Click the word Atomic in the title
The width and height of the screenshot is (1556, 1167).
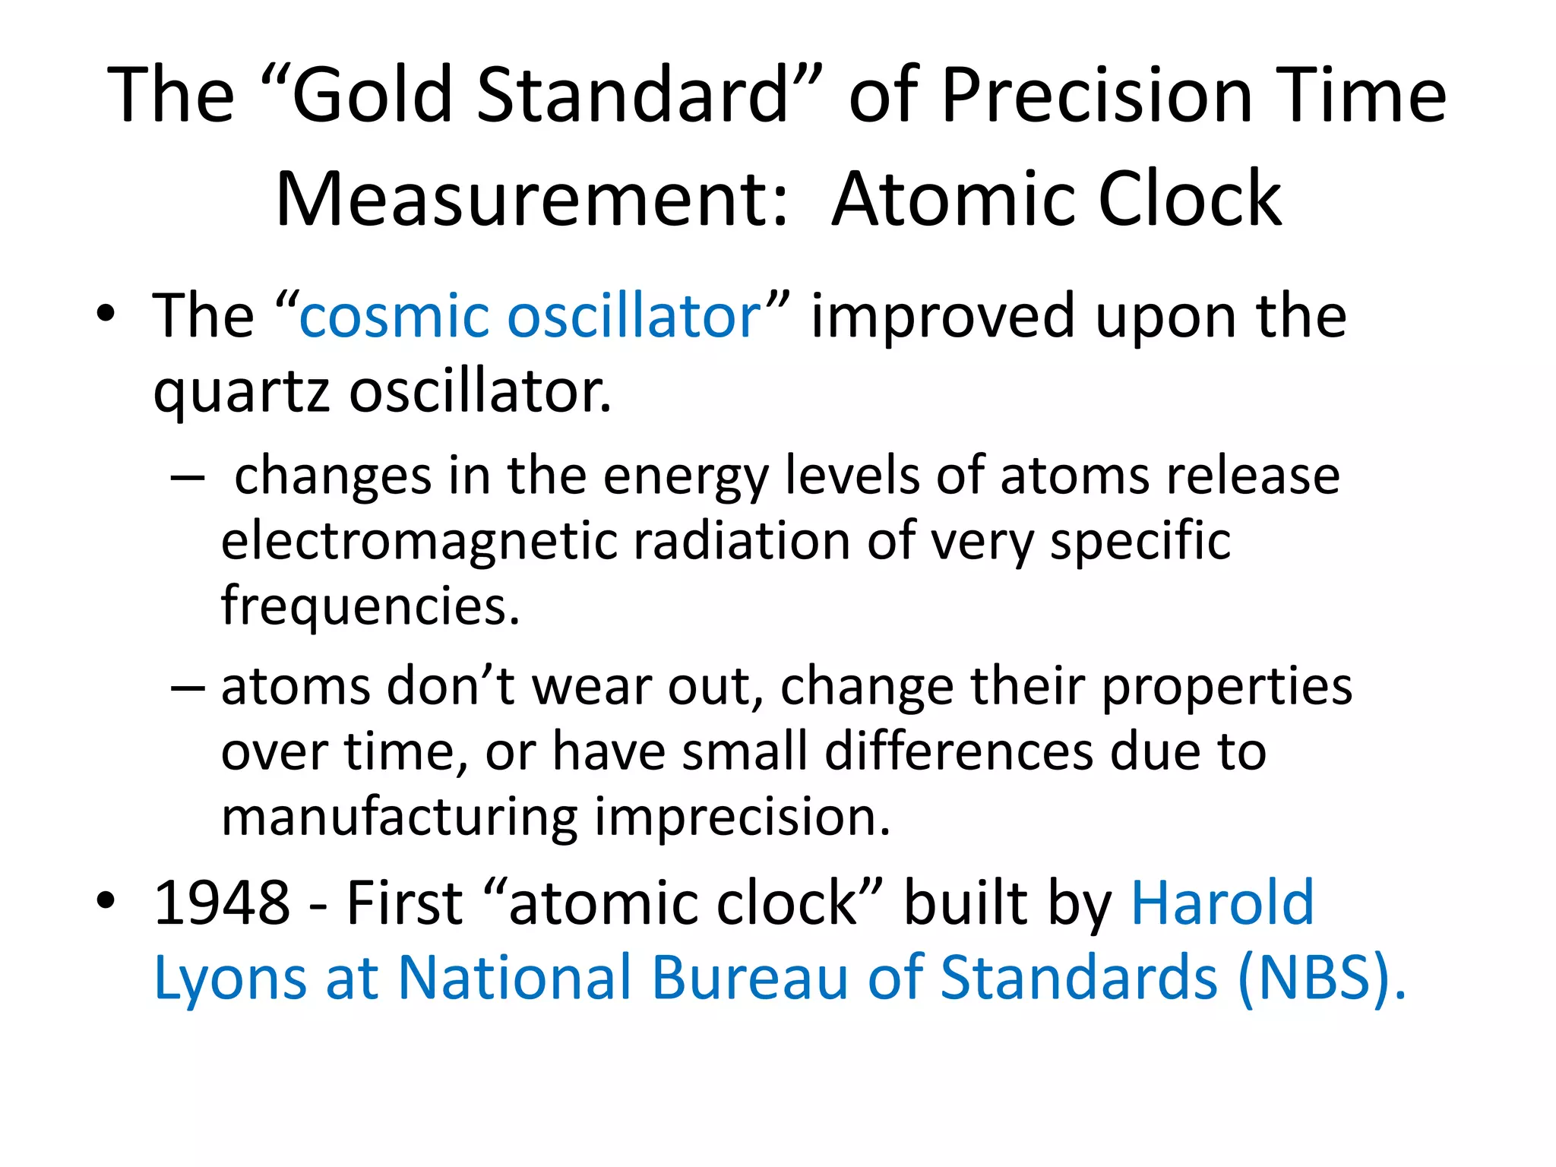(954, 199)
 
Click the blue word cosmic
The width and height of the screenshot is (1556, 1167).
(394, 316)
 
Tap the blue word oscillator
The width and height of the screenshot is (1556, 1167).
(634, 316)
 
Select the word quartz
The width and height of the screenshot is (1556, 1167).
(242, 394)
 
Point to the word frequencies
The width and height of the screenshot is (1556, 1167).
(369, 606)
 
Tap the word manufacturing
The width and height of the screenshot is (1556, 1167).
(400, 818)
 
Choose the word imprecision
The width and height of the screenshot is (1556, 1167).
(742, 818)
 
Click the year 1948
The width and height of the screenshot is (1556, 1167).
(222, 903)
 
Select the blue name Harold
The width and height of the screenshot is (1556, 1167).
(1222, 903)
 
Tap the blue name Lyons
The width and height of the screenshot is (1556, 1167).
(230, 979)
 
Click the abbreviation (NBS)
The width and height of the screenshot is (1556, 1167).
(1320, 979)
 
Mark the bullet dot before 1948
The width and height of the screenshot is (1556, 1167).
(106, 900)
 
